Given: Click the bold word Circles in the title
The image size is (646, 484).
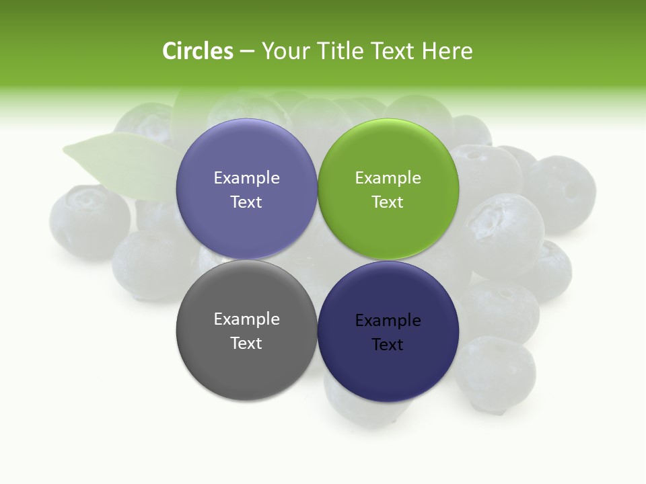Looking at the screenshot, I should [198, 51].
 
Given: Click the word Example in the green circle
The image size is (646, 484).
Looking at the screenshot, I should [388, 178].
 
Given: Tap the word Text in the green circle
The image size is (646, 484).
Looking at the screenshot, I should [388, 202].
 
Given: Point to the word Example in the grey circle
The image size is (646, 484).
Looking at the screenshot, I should [246, 319].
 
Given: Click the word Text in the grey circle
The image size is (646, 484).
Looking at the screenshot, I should [246, 344].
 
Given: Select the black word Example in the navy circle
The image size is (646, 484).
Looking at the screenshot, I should [388, 321].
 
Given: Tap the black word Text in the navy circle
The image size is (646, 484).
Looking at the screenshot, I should [388, 345].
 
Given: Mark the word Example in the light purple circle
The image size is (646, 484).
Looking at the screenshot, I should [246, 178].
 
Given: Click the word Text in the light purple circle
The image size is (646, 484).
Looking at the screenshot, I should [246, 202].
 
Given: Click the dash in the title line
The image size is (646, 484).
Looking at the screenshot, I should [246, 51].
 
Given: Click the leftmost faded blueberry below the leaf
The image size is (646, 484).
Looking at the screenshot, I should [89, 222].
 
